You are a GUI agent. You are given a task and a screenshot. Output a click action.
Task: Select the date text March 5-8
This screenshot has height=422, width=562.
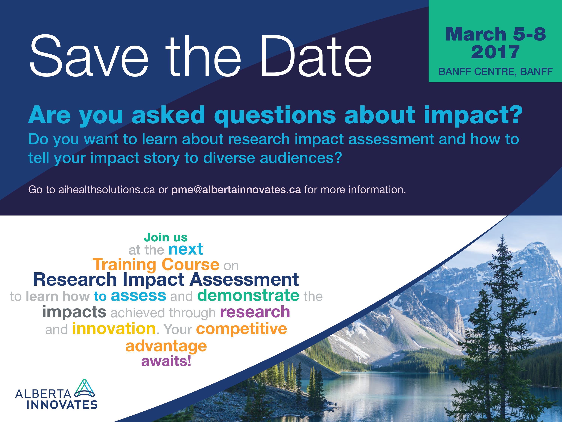tap(496, 34)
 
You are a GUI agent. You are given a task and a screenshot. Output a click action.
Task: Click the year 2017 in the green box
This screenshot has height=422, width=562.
tap(495, 52)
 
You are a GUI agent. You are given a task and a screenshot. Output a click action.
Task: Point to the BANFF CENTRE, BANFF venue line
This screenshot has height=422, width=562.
tap(495, 72)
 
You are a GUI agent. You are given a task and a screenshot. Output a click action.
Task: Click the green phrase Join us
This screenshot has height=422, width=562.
tap(166, 237)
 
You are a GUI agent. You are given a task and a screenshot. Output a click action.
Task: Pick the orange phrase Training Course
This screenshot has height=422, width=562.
tap(156, 264)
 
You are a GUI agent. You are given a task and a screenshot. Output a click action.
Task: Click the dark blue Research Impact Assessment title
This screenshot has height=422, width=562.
tap(166, 280)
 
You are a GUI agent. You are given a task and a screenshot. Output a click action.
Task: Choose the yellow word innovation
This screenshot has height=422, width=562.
tap(114, 328)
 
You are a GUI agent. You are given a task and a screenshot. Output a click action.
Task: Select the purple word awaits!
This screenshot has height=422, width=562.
tap(166, 361)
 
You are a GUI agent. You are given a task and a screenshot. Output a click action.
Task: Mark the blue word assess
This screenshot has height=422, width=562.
tap(138, 296)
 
